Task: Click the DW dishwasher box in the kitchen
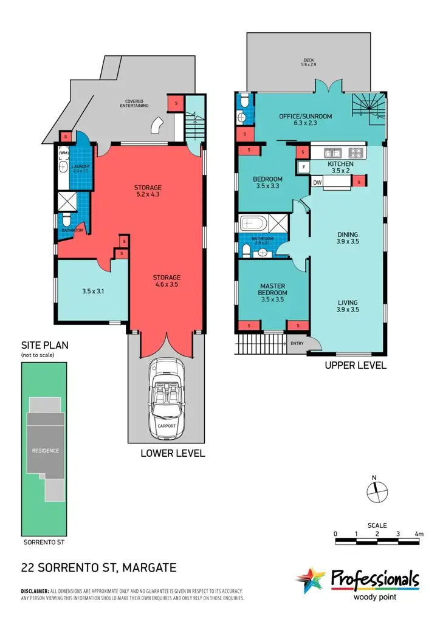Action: click(317, 182)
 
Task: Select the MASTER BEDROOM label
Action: click(273, 289)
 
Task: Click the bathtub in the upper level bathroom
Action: click(252, 223)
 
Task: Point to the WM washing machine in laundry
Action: click(64, 153)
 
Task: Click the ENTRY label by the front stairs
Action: click(297, 344)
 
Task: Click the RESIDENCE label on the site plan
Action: click(46, 451)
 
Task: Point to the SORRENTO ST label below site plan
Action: click(43, 541)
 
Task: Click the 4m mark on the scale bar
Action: click(419, 534)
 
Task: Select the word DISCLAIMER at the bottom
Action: click(35, 591)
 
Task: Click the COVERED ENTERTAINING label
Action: click(137, 104)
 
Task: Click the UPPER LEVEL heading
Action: click(356, 366)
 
